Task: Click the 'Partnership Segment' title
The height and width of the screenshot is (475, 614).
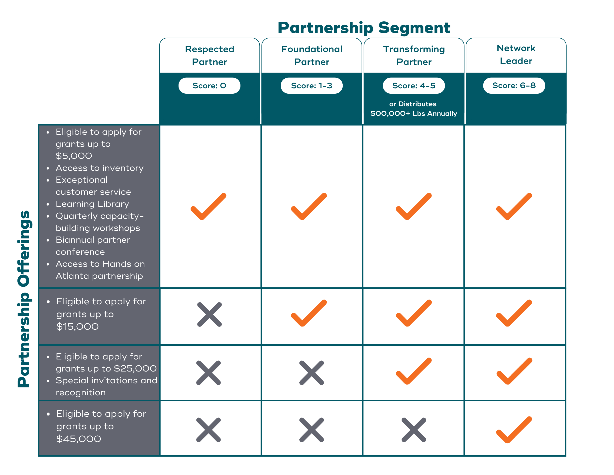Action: (x=364, y=28)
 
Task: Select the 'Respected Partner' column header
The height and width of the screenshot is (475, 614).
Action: (x=209, y=55)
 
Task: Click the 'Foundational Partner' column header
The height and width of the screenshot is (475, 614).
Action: (x=311, y=55)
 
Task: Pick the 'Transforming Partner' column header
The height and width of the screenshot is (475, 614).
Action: (x=414, y=55)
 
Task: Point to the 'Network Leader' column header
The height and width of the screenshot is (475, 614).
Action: (x=516, y=55)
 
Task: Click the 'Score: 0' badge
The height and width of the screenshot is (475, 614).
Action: (x=209, y=86)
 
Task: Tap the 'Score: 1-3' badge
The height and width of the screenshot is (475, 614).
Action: (x=311, y=86)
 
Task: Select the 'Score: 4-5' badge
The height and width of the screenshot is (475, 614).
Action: (x=414, y=86)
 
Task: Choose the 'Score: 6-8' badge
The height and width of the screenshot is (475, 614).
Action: (x=514, y=86)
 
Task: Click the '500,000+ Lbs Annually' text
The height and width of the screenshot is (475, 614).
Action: (x=414, y=113)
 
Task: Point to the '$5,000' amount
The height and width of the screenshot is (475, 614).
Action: (x=74, y=156)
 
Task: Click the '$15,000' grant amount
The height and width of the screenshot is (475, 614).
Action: (x=77, y=327)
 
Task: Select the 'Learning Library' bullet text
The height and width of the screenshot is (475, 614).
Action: (x=92, y=204)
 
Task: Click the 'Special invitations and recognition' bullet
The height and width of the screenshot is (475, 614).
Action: (x=106, y=386)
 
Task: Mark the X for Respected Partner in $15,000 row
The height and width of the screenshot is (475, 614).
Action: (x=209, y=315)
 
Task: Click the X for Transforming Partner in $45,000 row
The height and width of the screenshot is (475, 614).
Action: (x=414, y=430)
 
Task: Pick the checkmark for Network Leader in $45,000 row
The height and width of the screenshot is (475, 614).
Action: (x=514, y=430)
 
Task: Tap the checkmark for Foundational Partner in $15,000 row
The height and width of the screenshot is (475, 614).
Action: (x=309, y=313)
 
